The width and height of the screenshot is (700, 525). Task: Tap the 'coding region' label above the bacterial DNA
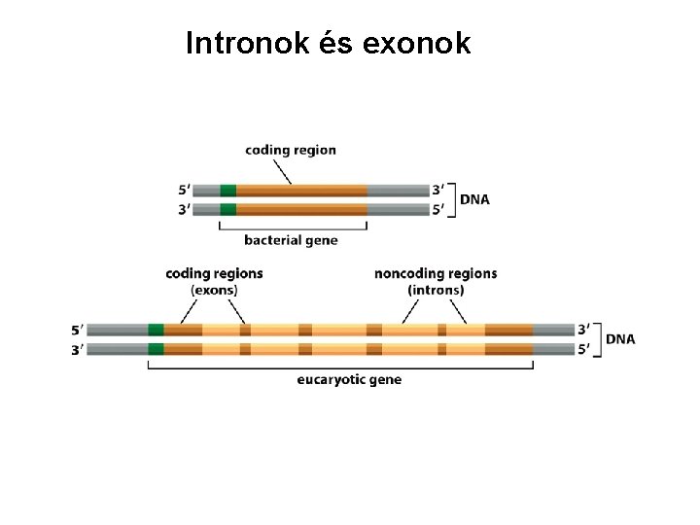pos(291,150)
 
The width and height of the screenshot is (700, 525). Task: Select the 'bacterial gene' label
pos(291,240)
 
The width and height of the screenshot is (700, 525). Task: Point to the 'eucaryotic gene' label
pos(349,379)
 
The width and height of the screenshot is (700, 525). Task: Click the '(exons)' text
pos(214,290)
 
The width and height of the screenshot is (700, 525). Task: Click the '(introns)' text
pos(436,290)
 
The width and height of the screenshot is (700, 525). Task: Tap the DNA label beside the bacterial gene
pos(474,199)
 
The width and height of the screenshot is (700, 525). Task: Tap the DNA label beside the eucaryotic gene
pos(620,339)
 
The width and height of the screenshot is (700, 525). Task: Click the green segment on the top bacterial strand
pos(228,191)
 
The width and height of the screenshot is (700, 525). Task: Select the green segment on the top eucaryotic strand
pos(156,330)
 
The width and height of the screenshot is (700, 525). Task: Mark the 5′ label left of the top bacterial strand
pos(186,191)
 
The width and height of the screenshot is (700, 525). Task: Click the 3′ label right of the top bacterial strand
pos(438,191)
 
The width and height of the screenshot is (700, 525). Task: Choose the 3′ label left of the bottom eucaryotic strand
pos(77,349)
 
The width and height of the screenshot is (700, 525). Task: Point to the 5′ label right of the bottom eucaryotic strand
pos(584,349)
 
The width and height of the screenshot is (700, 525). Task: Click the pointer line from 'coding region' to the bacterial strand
pos(280,171)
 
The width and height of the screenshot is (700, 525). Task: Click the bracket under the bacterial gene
pos(293,228)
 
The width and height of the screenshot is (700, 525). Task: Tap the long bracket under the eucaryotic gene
pos(340,367)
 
